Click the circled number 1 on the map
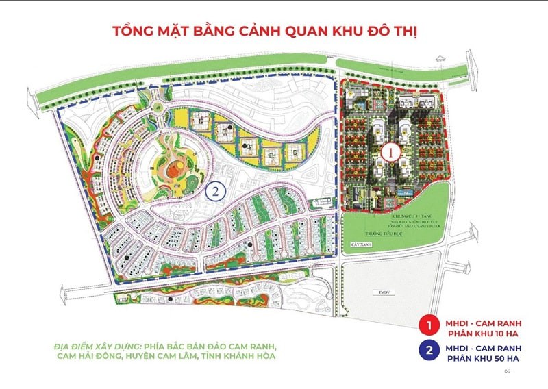pos(389,151)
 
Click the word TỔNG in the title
pos(131,32)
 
